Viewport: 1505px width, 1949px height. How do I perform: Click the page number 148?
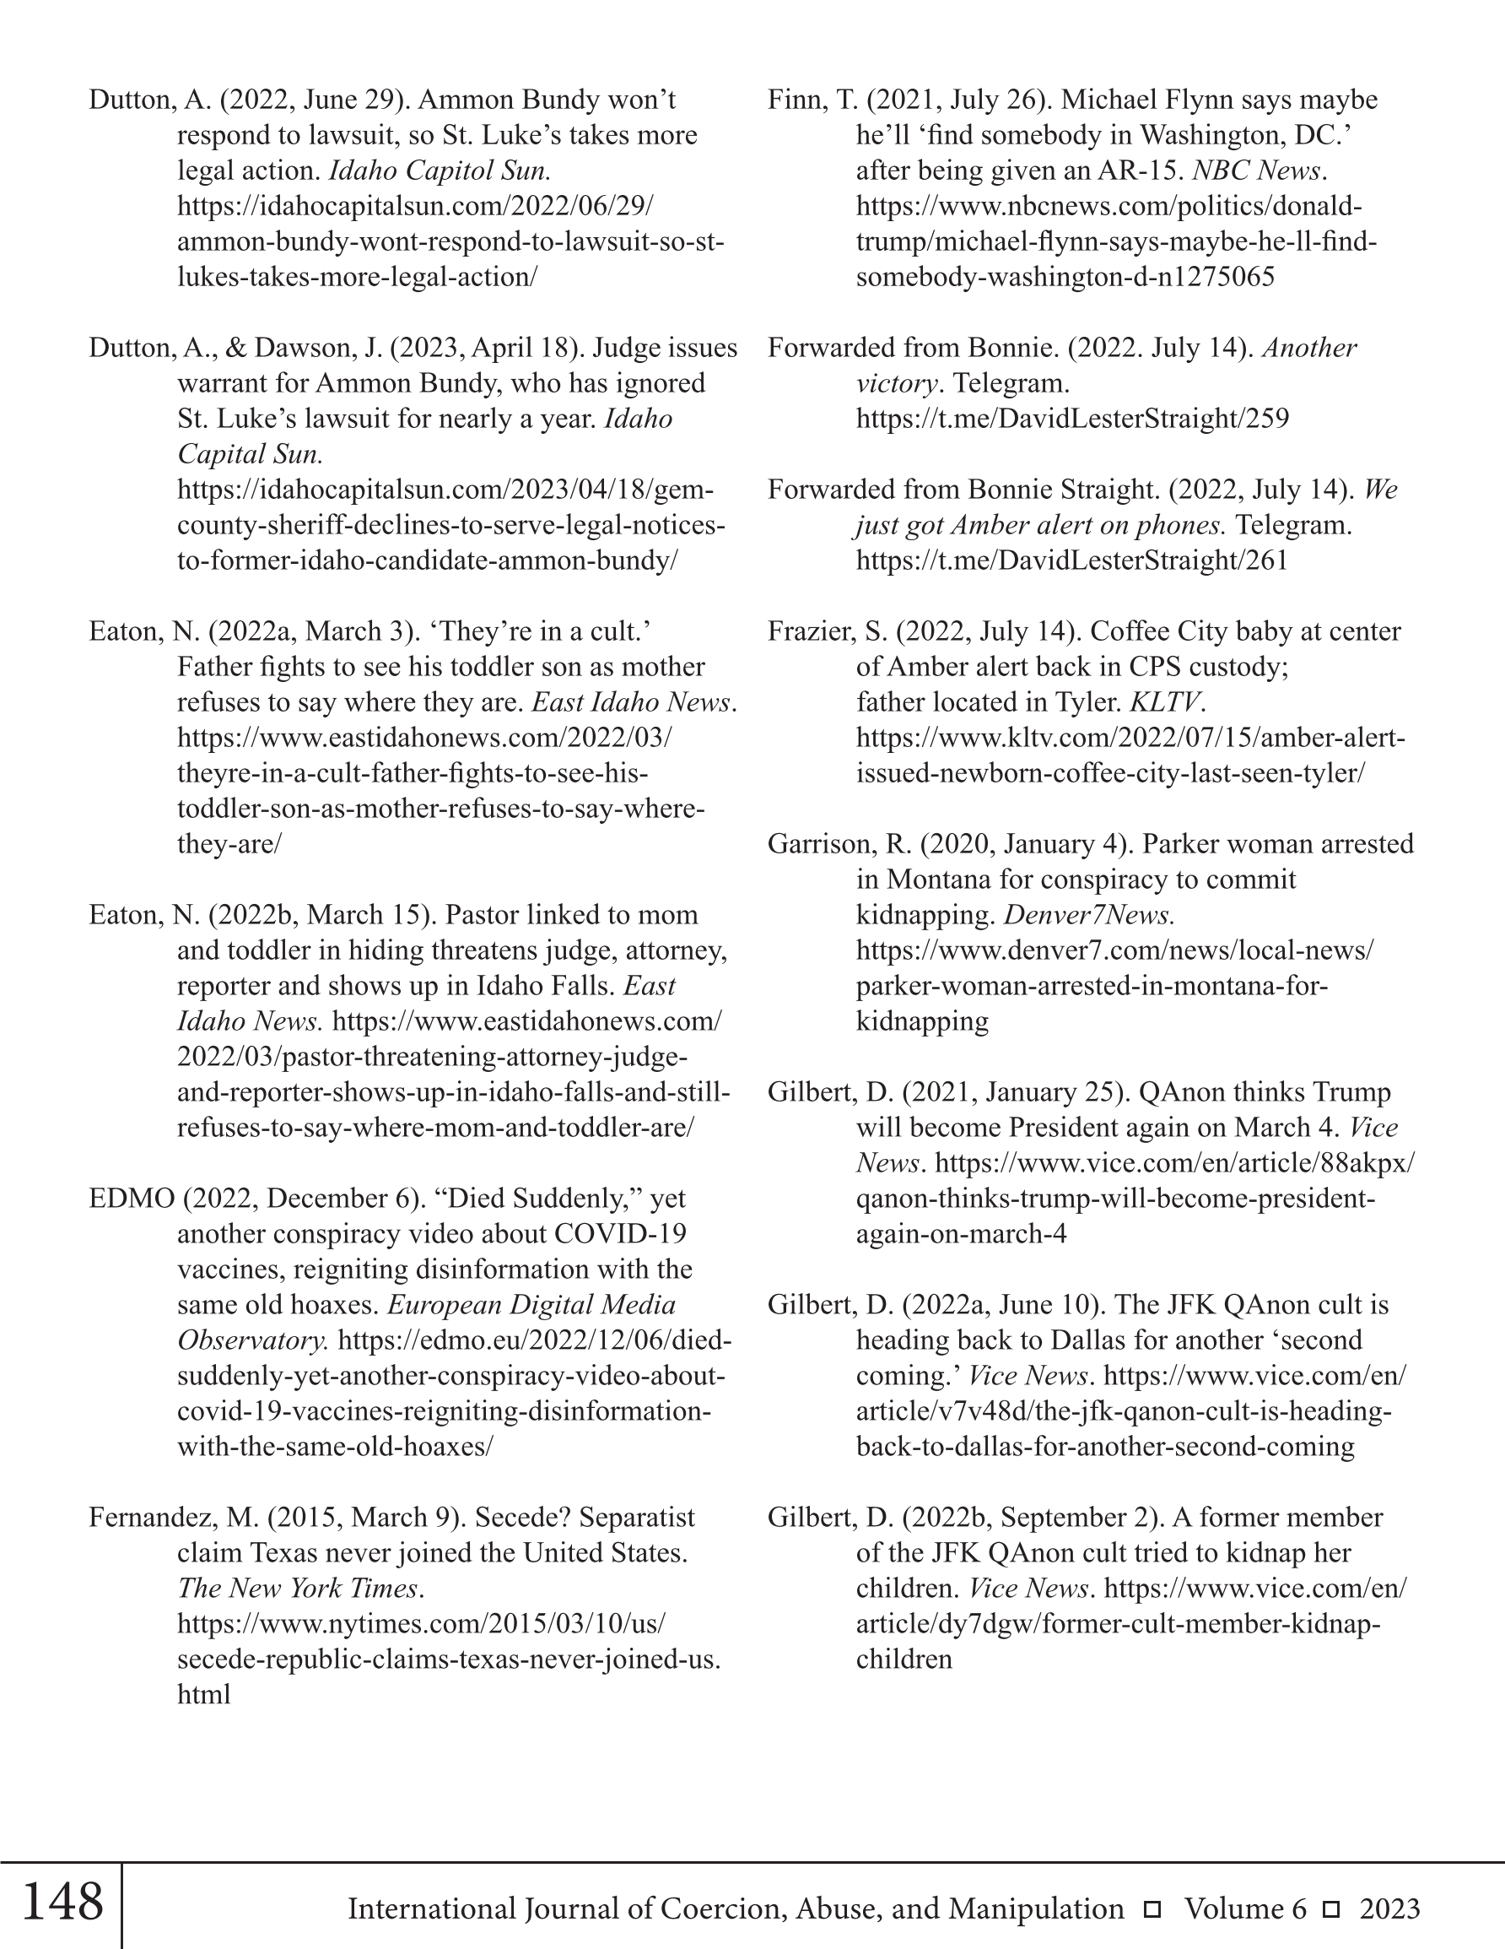(62, 1902)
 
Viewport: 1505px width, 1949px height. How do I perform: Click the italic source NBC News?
(1256, 171)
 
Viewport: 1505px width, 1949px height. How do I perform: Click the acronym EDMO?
(132, 1199)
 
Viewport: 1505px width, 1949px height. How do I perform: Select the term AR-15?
(1145, 171)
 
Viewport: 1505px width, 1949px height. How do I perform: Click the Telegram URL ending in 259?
(1072, 419)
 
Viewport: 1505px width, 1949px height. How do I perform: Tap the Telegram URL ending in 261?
(1072, 560)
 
